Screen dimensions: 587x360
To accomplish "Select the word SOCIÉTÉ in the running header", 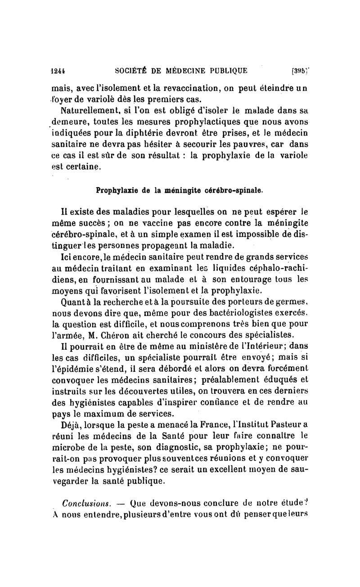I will (131, 70).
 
